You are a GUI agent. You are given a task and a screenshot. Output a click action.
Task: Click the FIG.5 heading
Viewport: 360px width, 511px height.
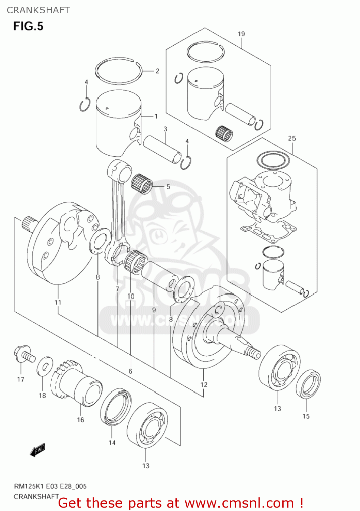28,26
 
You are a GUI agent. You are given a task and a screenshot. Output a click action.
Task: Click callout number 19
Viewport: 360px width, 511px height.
241,34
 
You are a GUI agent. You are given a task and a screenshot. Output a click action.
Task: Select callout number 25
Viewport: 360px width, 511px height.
292,138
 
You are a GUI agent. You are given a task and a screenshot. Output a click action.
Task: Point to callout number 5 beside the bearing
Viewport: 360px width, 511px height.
168,187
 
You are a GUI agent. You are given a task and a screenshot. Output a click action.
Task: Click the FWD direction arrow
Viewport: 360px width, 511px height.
37,450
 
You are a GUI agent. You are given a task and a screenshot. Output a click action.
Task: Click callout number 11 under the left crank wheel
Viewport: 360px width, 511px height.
58,302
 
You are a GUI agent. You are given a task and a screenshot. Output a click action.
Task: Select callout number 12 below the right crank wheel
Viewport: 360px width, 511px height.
204,385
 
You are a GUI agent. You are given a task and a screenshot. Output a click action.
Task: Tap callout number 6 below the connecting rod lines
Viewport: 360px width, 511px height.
130,371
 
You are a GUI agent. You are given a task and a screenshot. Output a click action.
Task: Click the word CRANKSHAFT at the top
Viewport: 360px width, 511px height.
38,10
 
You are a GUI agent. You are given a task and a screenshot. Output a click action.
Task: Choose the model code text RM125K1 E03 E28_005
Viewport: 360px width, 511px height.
50,486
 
